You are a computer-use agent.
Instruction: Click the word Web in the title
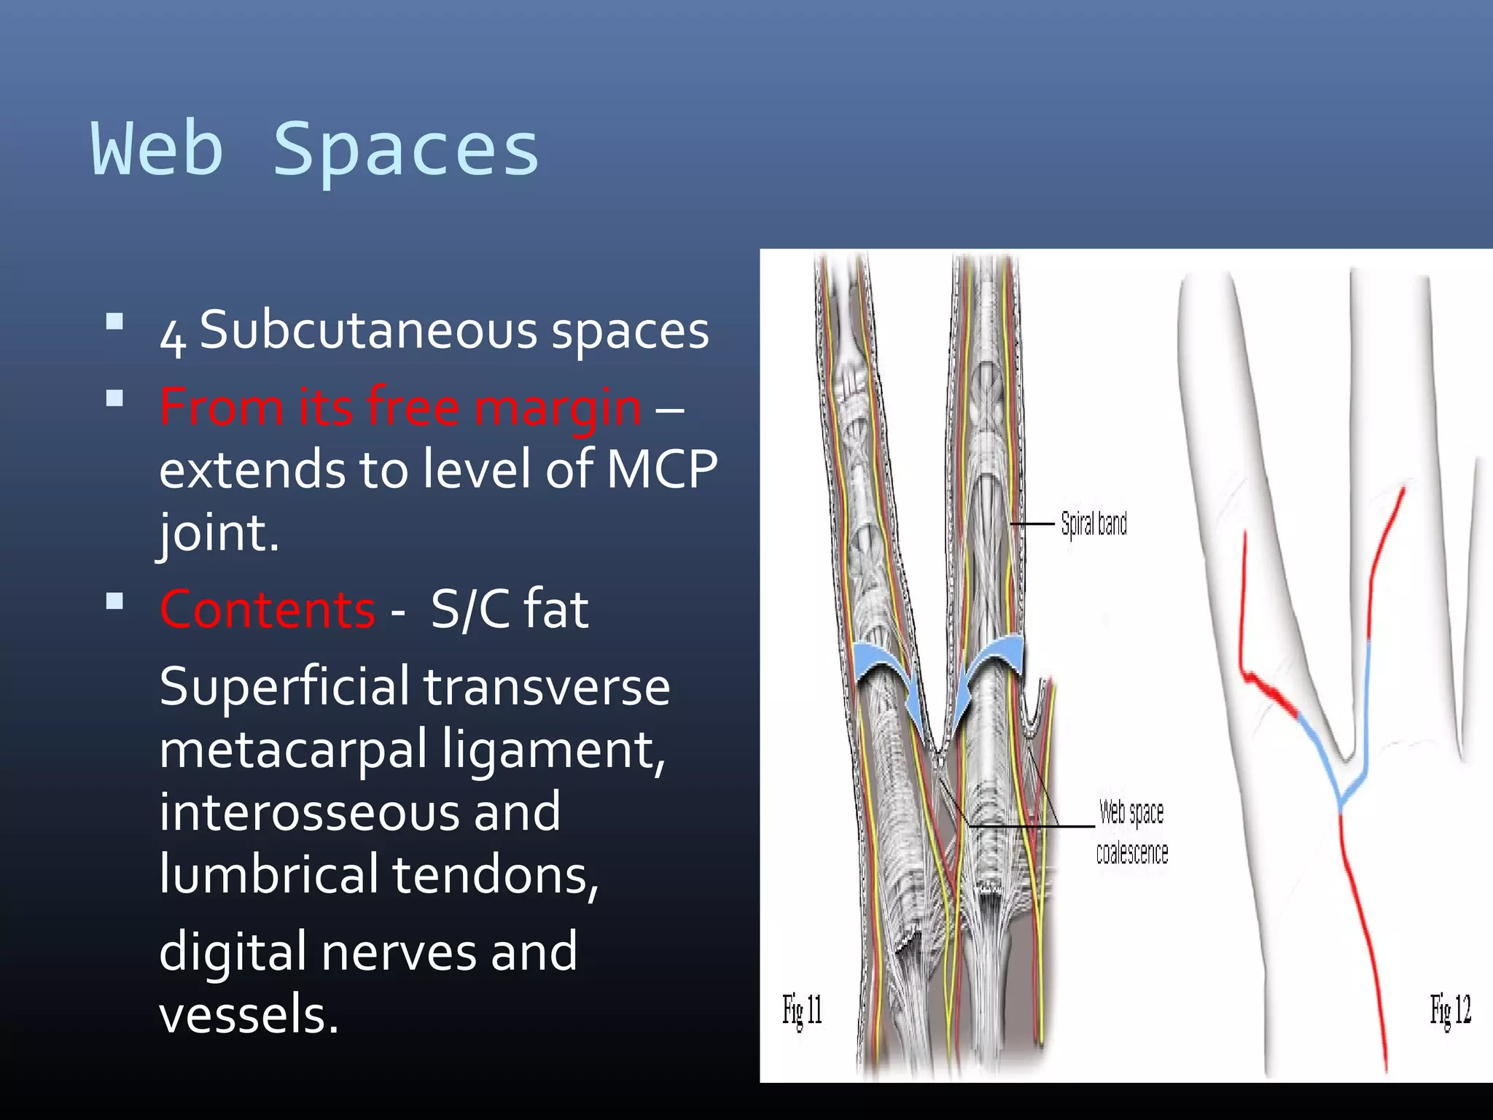157,149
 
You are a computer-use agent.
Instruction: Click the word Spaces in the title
405,149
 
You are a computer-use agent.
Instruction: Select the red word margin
558,407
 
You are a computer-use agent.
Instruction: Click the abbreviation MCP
662,469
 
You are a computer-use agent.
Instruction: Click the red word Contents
268,610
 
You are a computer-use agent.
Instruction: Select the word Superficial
284,687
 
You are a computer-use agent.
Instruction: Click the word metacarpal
293,750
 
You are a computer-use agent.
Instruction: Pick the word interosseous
359,812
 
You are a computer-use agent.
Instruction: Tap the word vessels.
249,1015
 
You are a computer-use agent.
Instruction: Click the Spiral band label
1094,524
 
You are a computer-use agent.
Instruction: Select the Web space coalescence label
1131,832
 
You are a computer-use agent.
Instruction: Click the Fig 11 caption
802,1011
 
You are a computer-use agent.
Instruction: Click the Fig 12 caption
1450,1011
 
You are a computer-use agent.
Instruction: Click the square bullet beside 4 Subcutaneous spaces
114,322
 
